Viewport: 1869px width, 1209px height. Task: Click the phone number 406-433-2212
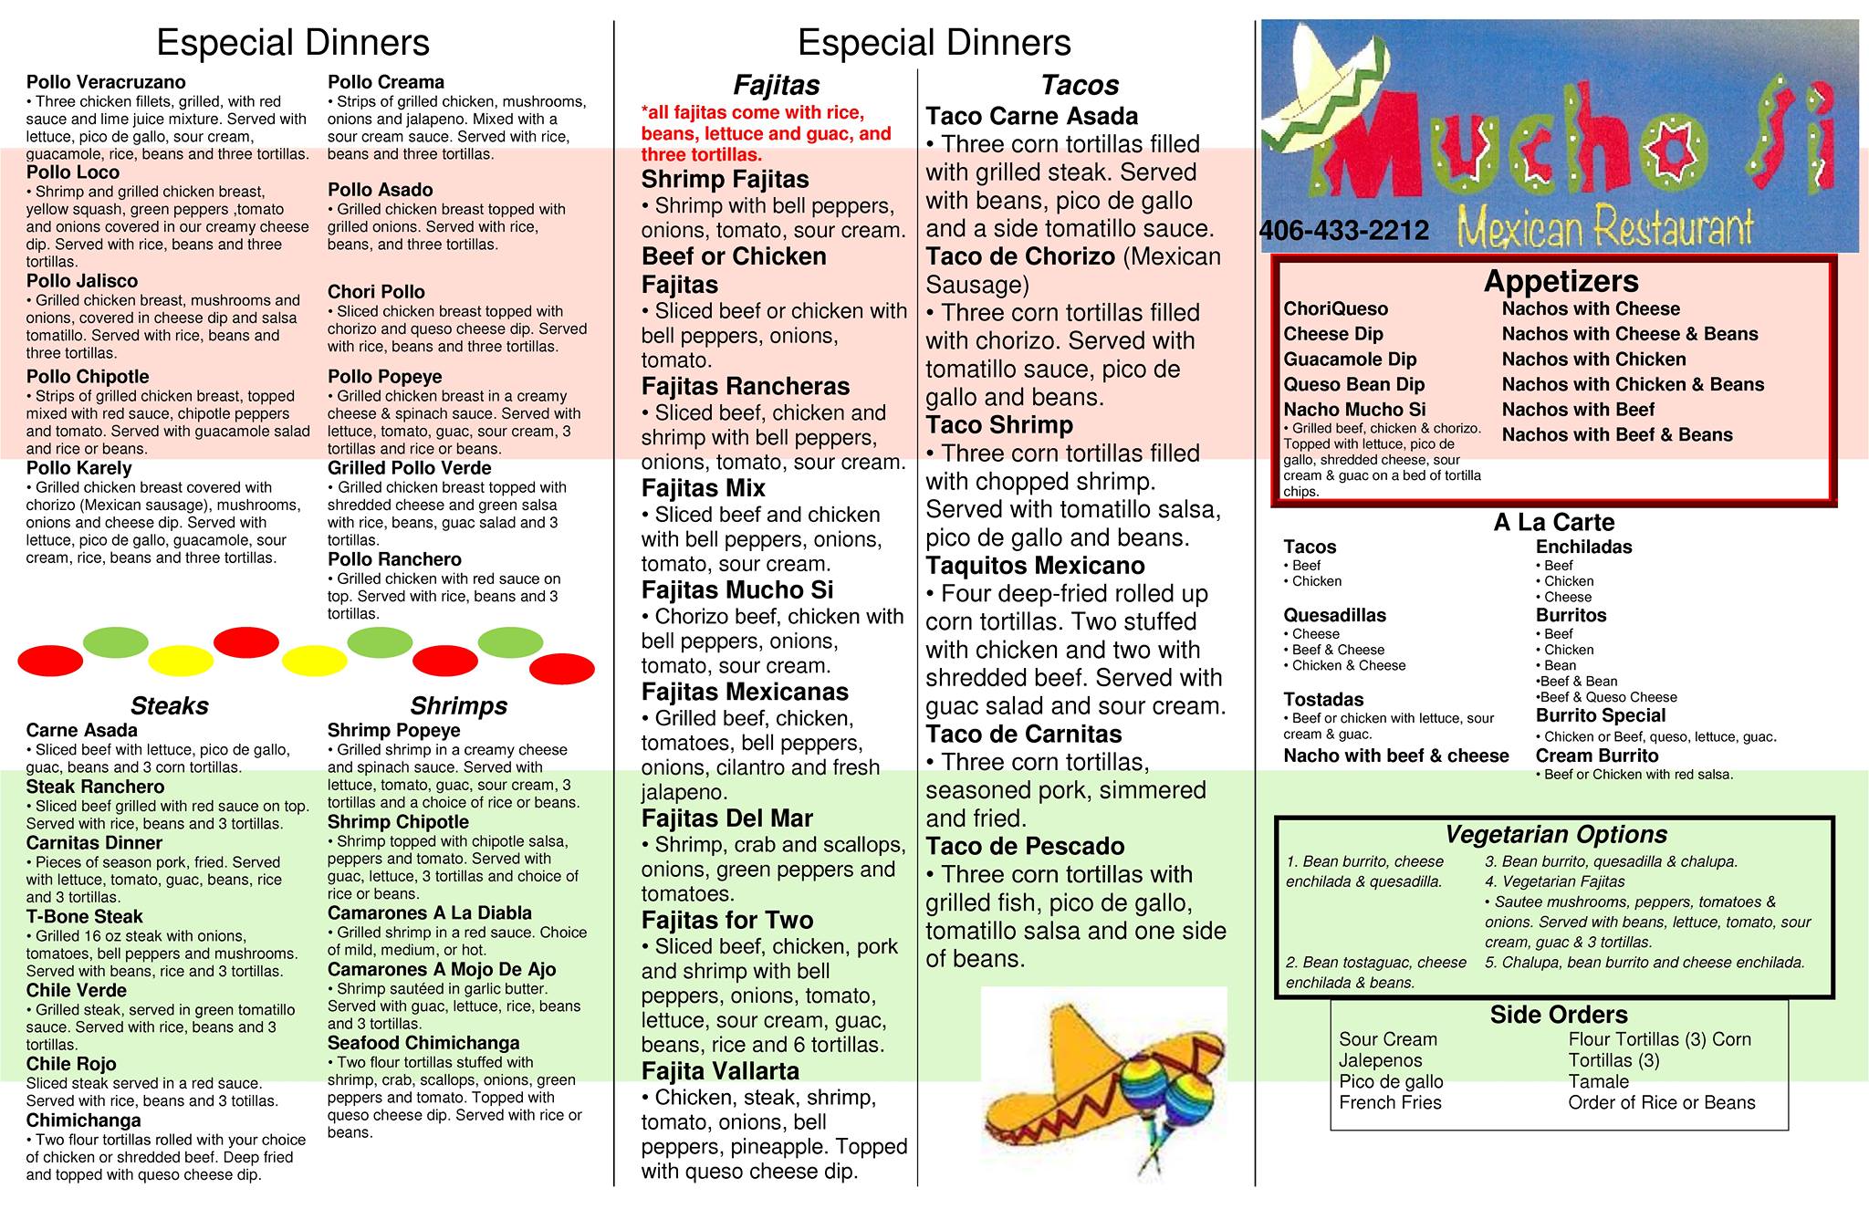[x=1343, y=231]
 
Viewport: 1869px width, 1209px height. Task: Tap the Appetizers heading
[x=1561, y=281]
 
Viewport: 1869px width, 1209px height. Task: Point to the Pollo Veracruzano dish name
[x=106, y=82]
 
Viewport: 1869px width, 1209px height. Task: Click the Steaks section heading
[x=169, y=705]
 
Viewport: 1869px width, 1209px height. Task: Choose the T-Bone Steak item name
[x=84, y=917]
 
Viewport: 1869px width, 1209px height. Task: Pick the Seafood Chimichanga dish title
[x=423, y=1043]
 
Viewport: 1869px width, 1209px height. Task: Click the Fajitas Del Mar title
[x=726, y=818]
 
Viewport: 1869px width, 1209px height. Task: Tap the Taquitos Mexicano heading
[x=1035, y=566]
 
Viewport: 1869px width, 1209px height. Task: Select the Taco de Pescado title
[x=1025, y=846]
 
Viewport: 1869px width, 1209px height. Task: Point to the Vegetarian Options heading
[x=1555, y=835]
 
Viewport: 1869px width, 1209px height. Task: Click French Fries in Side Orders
[x=1390, y=1102]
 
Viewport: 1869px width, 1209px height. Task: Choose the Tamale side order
[x=1598, y=1081]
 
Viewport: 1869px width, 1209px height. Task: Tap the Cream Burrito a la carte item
[x=1596, y=756]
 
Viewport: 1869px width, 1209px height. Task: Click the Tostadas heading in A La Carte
[x=1323, y=700]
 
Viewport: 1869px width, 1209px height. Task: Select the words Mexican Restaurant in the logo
[x=1605, y=228]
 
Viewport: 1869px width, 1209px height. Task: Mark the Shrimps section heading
[x=458, y=705]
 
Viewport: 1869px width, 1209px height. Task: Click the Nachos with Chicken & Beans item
[x=1633, y=384]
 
